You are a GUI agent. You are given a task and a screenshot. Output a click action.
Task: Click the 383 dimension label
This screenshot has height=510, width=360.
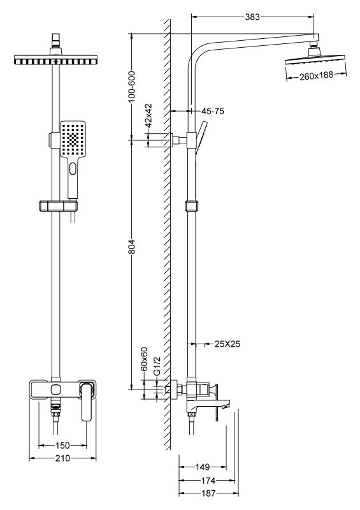click(253, 17)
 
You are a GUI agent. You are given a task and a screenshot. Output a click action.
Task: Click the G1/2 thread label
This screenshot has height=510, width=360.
click(157, 365)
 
